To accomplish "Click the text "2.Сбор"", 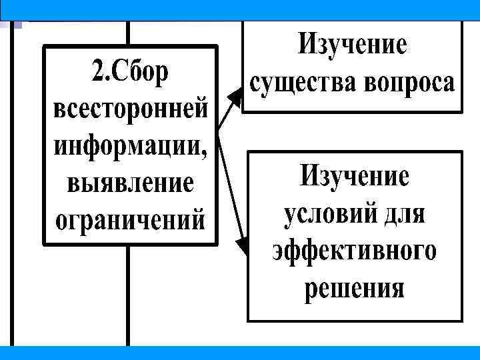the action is pyautogui.click(x=131, y=72).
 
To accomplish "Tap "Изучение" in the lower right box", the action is pyautogui.click(x=354, y=177).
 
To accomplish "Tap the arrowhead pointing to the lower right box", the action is pyautogui.click(x=242, y=245).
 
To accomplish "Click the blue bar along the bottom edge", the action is pyautogui.click(x=240, y=353).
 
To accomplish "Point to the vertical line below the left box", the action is pyautogui.click(x=128, y=293).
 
